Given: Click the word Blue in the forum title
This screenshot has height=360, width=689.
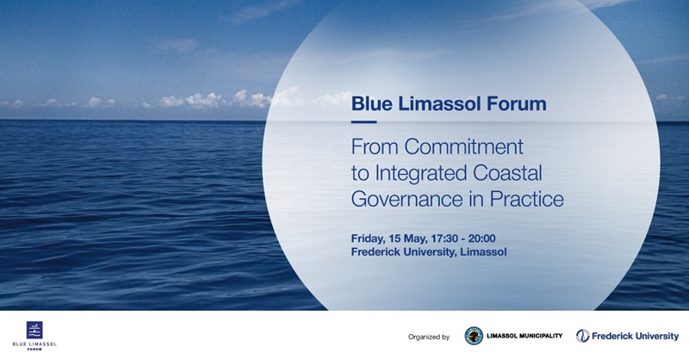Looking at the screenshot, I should coord(369,104).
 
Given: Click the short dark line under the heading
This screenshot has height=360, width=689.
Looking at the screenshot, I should coord(363,121).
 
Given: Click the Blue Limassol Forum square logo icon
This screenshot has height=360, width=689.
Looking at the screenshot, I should coord(34,328).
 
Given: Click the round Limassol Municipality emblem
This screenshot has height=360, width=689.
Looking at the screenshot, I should coord(474,336).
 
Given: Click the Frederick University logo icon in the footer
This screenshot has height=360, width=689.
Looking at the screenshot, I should coord(583,336).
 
